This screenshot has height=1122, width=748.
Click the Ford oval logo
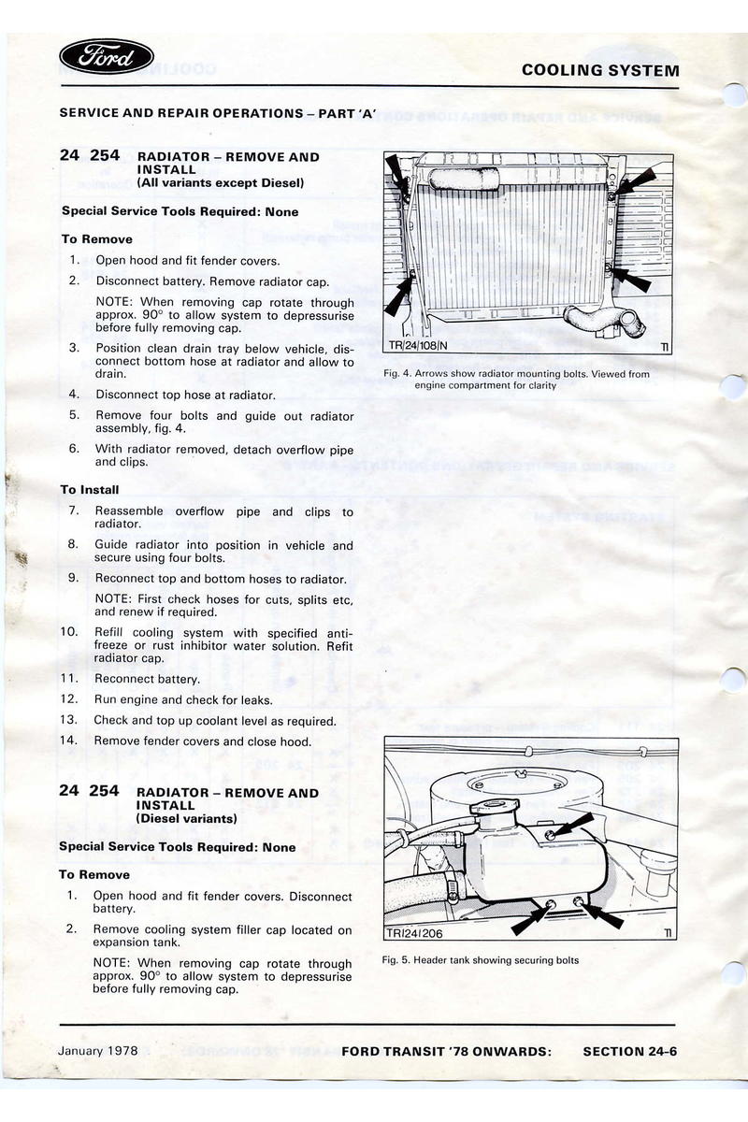pos(107,59)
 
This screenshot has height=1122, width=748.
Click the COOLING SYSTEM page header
pos(600,70)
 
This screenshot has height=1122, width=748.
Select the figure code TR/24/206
pos(415,933)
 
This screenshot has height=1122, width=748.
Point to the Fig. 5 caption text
pos(481,960)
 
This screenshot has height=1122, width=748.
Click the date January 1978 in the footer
pos(98,1050)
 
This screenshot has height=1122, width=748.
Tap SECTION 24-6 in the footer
pos(629,1051)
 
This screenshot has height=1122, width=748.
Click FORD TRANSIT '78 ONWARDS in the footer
pos(447,1051)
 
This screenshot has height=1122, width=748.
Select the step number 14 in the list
pos(68,741)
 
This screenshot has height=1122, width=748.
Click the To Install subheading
pos(90,489)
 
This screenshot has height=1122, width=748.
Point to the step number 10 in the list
pos(68,632)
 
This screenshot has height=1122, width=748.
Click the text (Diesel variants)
pos(187,818)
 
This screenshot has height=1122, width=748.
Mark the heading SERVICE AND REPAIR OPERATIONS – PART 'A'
pos(218,113)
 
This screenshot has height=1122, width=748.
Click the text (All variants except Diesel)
pos(218,183)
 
